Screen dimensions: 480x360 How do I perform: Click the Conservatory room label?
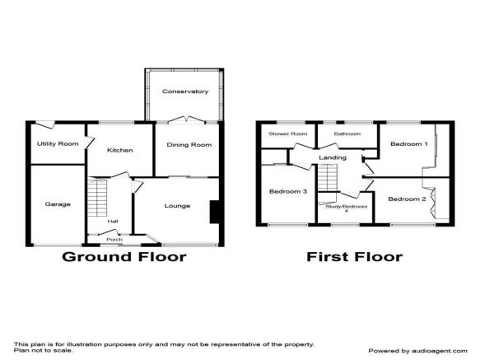coord(185,91)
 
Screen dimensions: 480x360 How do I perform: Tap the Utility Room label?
coord(58,143)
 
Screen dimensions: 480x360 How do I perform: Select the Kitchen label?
coord(120,150)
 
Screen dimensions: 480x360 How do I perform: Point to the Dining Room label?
coord(189,145)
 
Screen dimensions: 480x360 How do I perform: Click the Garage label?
coord(58,204)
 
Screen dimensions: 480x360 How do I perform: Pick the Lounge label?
coord(177,206)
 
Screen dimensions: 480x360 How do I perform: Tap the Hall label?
coord(113,222)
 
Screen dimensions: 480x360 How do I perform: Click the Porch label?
coord(114,239)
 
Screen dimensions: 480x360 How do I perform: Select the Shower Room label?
coord(288,134)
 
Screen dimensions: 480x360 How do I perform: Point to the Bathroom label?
coord(347,134)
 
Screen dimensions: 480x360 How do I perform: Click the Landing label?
coord(333,157)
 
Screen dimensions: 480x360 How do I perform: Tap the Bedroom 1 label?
coord(409,143)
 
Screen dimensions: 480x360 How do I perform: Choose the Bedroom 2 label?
coord(408,199)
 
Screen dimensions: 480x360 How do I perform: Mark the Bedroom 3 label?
coord(288,191)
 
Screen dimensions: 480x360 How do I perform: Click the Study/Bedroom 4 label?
coord(347,208)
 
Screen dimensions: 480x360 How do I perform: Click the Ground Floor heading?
coord(124,257)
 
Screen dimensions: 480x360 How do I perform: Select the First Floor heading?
coord(355,257)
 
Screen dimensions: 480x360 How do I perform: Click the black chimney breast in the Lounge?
coord(215,212)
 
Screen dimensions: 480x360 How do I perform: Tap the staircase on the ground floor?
coord(97,198)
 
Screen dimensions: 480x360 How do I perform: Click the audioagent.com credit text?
coord(418,351)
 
